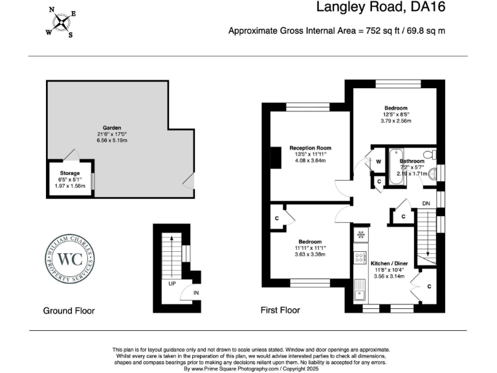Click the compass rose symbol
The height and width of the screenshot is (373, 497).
point(60,23)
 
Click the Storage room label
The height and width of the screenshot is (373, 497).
point(70,174)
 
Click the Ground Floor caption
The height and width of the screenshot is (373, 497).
point(69,311)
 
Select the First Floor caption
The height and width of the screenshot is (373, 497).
point(280,310)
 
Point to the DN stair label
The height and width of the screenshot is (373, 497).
point(425,203)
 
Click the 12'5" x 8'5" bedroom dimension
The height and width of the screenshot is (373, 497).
point(396,115)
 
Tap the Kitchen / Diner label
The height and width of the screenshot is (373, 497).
point(388,264)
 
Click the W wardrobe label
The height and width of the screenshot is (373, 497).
point(378,161)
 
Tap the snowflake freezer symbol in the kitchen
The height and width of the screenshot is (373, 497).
point(360,234)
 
